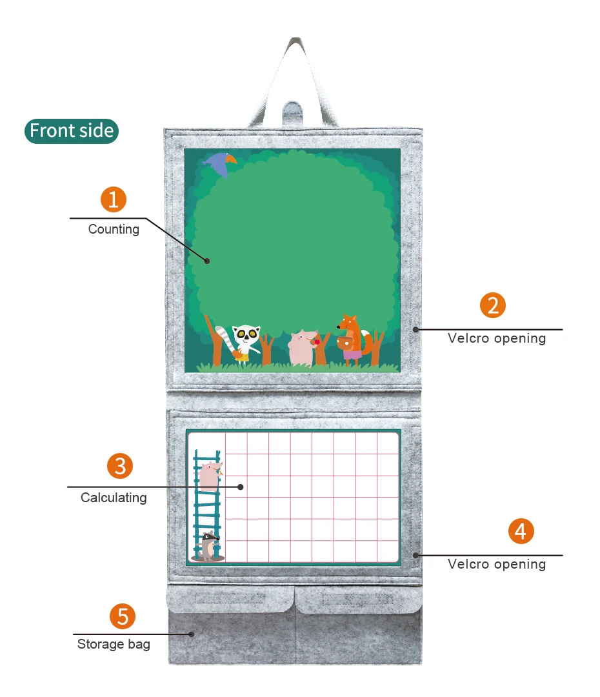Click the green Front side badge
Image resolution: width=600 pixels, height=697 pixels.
tap(72, 131)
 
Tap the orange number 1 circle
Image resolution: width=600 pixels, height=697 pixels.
tap(114, 199)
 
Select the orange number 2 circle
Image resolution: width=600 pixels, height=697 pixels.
tap(493, 305)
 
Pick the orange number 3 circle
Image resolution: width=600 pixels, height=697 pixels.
tap(120, 466)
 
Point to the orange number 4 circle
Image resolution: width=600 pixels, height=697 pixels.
tap(521, 532)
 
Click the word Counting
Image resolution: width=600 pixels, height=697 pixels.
tap(114, 229)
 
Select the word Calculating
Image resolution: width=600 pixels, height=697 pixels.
tap(114, 498)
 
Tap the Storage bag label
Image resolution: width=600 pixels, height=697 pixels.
tap(114, 644)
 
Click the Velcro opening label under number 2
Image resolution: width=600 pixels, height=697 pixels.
tap(497, 338)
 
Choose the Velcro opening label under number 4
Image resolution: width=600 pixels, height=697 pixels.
tap(497, 564)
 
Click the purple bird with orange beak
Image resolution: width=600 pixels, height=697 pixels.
tap(219, 163)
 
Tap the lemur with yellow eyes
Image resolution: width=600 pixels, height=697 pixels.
tap(244, 344)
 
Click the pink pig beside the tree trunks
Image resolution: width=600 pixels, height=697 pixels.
tap(302, 347)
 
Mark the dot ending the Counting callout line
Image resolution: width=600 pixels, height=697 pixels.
tap(207, 261)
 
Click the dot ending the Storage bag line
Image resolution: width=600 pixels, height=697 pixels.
tap(192, 634)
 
